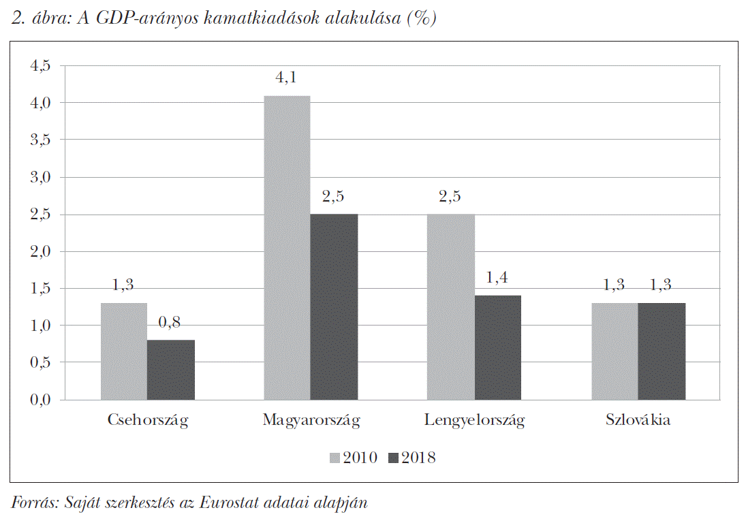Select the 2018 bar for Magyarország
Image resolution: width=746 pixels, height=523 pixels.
click(334, 306)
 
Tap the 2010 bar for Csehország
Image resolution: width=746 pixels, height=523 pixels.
click(124, 351)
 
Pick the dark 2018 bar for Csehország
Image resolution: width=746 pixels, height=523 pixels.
click(171, 369)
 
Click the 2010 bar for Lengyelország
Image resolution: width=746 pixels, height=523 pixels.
click(451, 306)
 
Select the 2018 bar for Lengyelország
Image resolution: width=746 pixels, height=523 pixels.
click(498, 347)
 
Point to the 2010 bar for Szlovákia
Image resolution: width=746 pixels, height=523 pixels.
click(615, 351)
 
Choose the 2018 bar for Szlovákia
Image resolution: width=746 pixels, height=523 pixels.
click(662, 351)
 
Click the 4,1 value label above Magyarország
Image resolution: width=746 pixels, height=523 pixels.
click(286, 78)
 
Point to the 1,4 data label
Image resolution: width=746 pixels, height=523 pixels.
click(497, 278)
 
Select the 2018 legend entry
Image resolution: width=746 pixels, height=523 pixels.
click(411, 458)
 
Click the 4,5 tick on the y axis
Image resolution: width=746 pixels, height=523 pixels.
click(40, 66)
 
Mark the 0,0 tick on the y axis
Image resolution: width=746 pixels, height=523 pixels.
click(40, 400)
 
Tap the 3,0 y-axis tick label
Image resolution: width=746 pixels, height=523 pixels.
click(40, 177)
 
